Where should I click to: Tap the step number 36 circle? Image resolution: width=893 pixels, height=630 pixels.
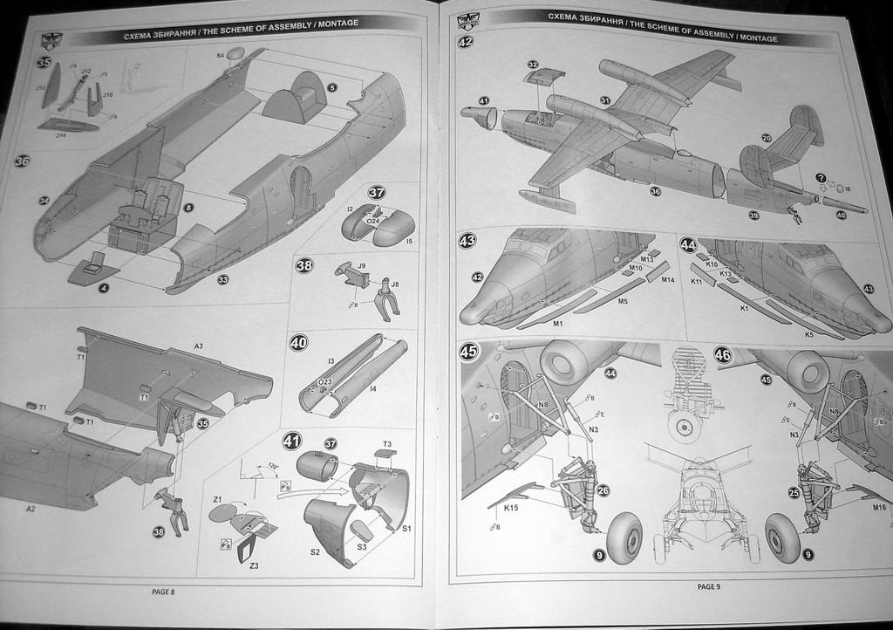pos(23,161)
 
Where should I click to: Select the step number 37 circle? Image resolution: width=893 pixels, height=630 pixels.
pos(377,193)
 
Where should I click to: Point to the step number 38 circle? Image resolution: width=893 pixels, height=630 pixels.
pos(303,265)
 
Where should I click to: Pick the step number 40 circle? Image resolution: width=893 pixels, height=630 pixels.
pos(298,343)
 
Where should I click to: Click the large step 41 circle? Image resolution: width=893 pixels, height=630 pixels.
pos(292,441)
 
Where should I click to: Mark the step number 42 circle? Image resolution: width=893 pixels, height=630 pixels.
pos(465,41)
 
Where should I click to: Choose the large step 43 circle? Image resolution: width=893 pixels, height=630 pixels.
pos(467,241)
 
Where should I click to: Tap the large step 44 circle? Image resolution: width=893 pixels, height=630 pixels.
pos(688,245)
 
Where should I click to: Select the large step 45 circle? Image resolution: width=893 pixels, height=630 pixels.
pos(468,352)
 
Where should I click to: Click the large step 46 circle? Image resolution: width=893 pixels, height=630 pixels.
pos(722,355)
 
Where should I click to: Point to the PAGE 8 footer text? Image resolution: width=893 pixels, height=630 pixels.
pos(163,592)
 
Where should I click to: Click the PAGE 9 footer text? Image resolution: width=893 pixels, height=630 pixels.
pos(708,586)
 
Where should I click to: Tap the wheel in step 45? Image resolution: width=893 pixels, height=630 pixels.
pos(624,537)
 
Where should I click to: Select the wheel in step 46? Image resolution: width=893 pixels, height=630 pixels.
pos(782,538)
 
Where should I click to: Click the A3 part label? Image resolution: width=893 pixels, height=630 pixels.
pos(199,346)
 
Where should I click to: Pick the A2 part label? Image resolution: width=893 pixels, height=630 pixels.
pos(31,508)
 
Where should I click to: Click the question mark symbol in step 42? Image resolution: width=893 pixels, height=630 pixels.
pos(820,177)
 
